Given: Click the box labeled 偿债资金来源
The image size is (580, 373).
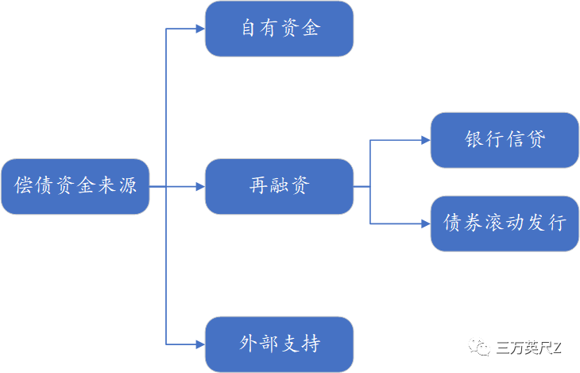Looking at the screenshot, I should coord(75,187).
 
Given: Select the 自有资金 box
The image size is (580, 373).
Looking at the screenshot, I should coord(279,29).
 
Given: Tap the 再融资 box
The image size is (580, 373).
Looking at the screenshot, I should coord(279,187).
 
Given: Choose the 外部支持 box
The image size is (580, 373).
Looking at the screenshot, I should coord(279,344).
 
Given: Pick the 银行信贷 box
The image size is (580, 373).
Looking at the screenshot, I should coord(505,140).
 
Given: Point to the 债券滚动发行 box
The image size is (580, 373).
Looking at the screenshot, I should coord(505,223).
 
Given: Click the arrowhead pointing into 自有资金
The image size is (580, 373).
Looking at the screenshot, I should coord(199,29).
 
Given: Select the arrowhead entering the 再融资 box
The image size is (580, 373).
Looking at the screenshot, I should coord(199,187).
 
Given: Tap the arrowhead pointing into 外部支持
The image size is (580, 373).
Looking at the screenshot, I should coord(199,344).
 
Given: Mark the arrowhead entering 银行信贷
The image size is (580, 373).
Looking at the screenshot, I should coord(425,140).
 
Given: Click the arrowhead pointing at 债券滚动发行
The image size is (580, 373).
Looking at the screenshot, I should coord(425,223).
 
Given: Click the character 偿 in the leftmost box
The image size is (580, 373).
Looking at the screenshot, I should coord(24,187).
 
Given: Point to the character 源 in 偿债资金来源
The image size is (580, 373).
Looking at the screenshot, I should coord(127,187).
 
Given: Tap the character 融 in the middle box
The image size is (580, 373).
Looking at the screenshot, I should coord(279,187).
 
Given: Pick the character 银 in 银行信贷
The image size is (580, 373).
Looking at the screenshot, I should coord(474,140).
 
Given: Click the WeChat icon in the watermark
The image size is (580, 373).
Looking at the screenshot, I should coord(479,348).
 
